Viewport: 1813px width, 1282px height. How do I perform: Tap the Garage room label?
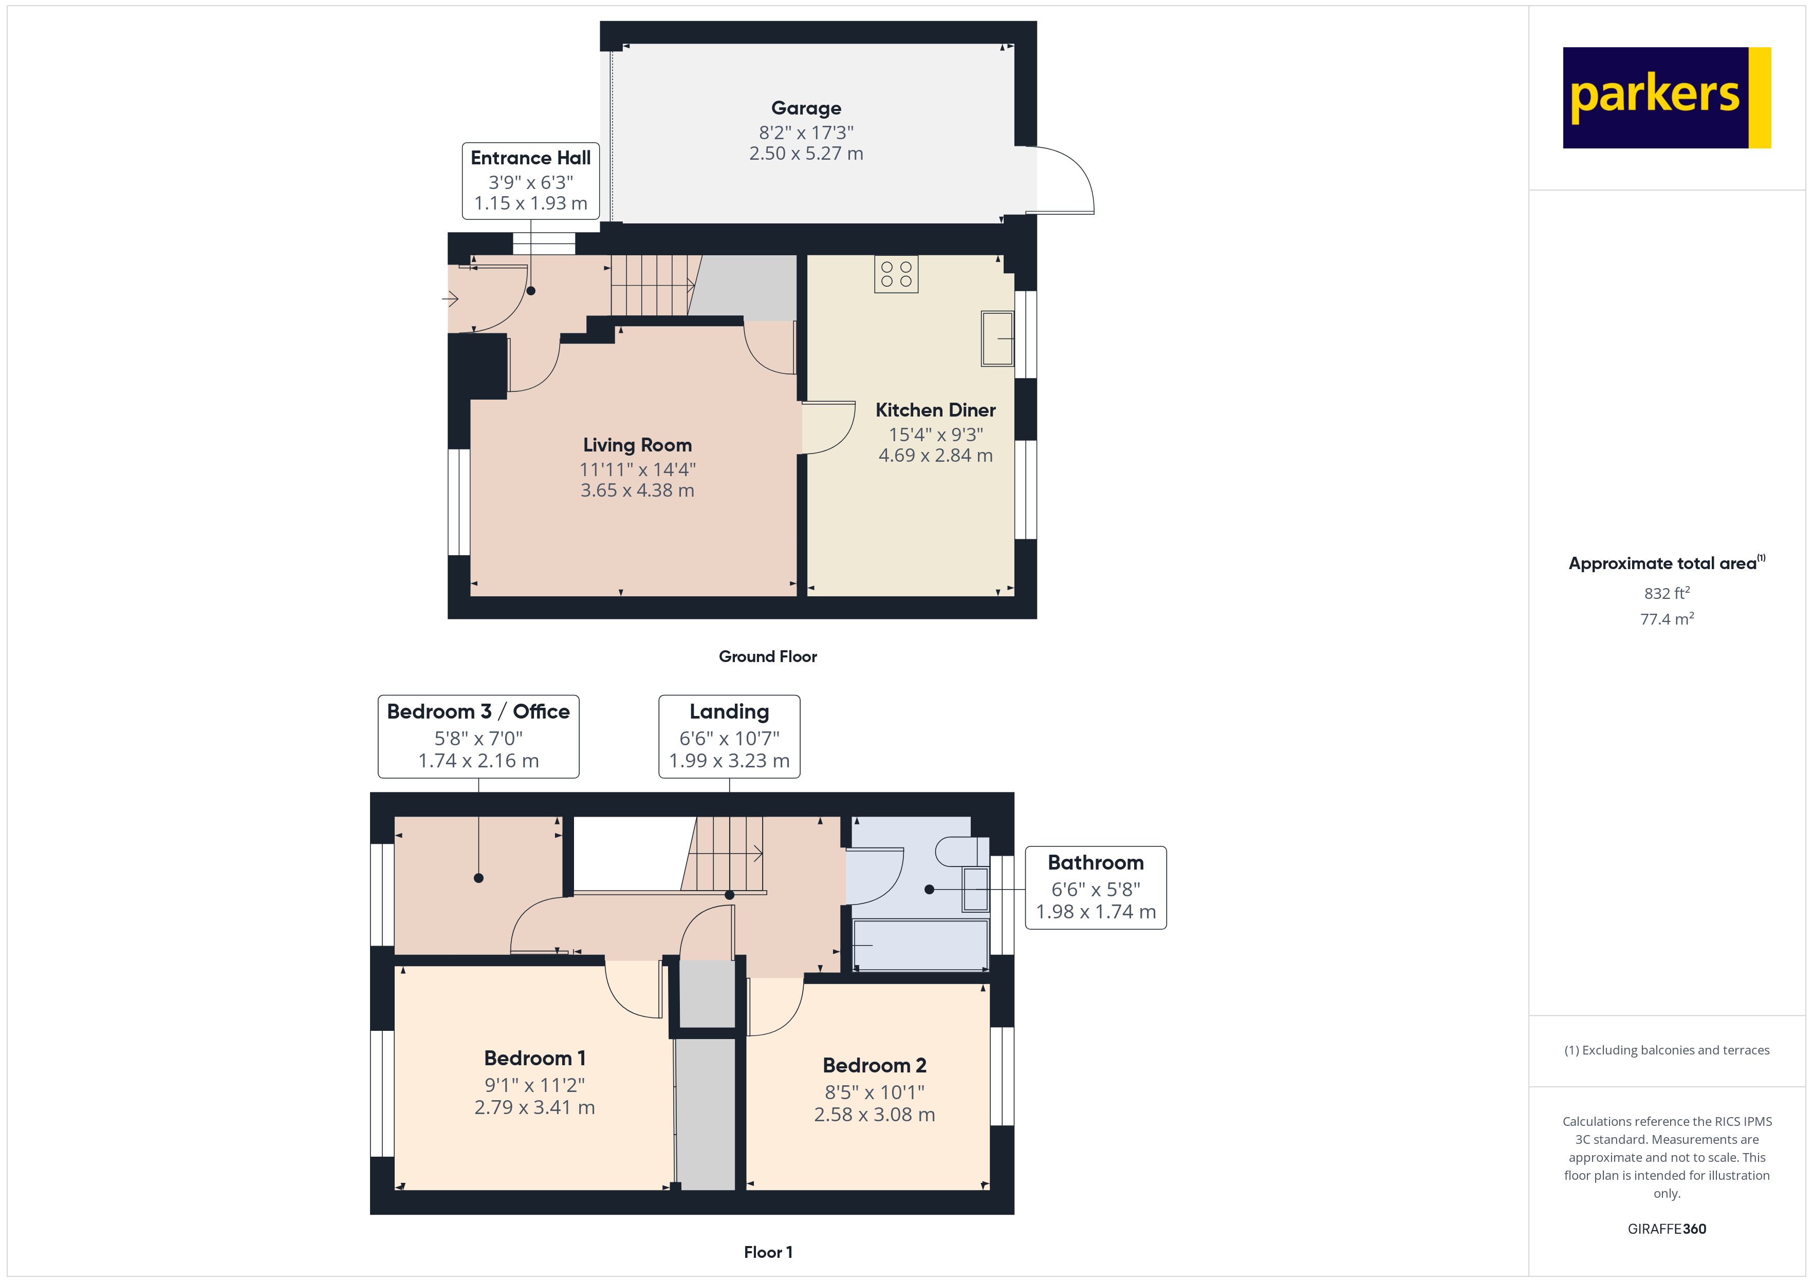[805, 108]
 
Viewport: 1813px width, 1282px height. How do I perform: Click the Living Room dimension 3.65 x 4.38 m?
[637, 490]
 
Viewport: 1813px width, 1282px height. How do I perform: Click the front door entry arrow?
[451, 298]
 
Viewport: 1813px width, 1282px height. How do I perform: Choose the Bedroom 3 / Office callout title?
[478, 711]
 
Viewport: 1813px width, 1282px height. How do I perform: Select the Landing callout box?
[729, 736]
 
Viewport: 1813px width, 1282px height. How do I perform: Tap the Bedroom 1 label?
[534, 1058]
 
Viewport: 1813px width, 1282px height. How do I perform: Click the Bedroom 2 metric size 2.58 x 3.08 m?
[874, 1114]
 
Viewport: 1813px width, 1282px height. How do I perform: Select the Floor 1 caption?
[768, 1252]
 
